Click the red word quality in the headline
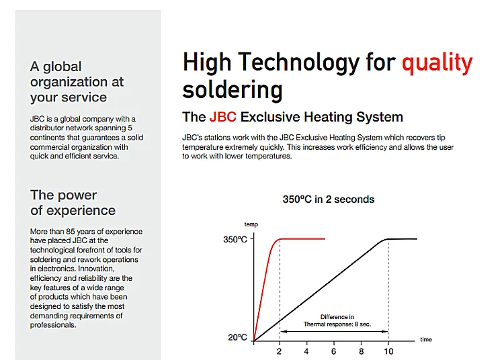point(437,63)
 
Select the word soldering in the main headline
point(233,90)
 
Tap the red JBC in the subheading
point(222,117)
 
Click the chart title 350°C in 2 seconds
point(329,199)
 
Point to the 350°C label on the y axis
point(235,240)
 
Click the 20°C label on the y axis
point(237,338)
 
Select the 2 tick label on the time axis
point(279,351)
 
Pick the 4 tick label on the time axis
point(306,351)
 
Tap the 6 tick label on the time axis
point(333,351)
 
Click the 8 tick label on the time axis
point(362,351)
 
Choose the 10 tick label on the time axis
point(388,351)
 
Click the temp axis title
point(251,224)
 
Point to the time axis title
point(426,339)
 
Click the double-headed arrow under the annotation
point(334,331)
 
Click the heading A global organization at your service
point(77,82)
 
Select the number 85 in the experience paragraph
point(71,232)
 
